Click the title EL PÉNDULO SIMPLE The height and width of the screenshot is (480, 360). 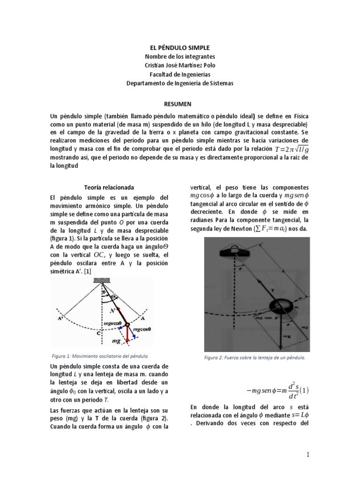(180, 48)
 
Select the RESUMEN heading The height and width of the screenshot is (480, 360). (180, 103)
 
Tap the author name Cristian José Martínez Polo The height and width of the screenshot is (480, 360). (180, 65)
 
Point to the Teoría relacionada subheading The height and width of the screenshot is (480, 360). (102, 186)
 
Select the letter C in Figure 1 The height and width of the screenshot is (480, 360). (97, 334)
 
